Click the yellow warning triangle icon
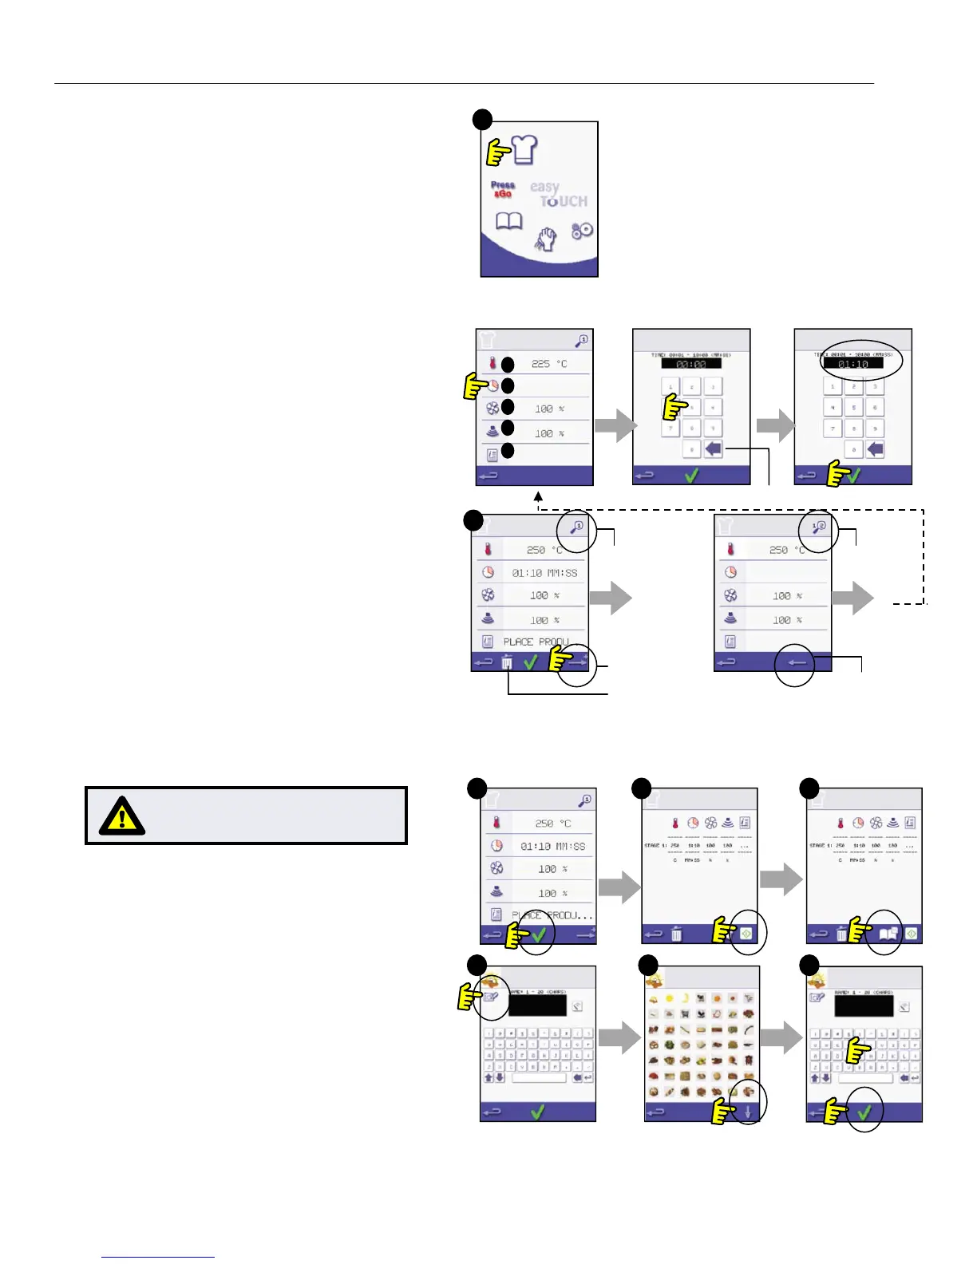(x=121, y=816)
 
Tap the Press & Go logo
(x=502, y=190)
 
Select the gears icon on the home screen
(x=583, y=231)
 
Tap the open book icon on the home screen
(x=509, y=221)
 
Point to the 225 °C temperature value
(x=549, y=364)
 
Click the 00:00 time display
(x=690, y=364)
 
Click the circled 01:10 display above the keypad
(x=852, y=364)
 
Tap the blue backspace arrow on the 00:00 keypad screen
(x=714, y=449)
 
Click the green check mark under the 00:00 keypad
(x=691, y=476)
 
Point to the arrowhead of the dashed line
(x=539, y=497)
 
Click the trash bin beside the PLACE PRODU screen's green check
(x=507, y=662)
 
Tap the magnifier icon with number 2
(x=819, y=527)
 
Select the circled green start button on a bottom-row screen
(x=746, y=933)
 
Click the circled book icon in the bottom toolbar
(x=888, y=933)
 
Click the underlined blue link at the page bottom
(x=158, y=1257)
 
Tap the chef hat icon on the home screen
(x=524, y=149)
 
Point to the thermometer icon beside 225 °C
(x=492, y=364)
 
